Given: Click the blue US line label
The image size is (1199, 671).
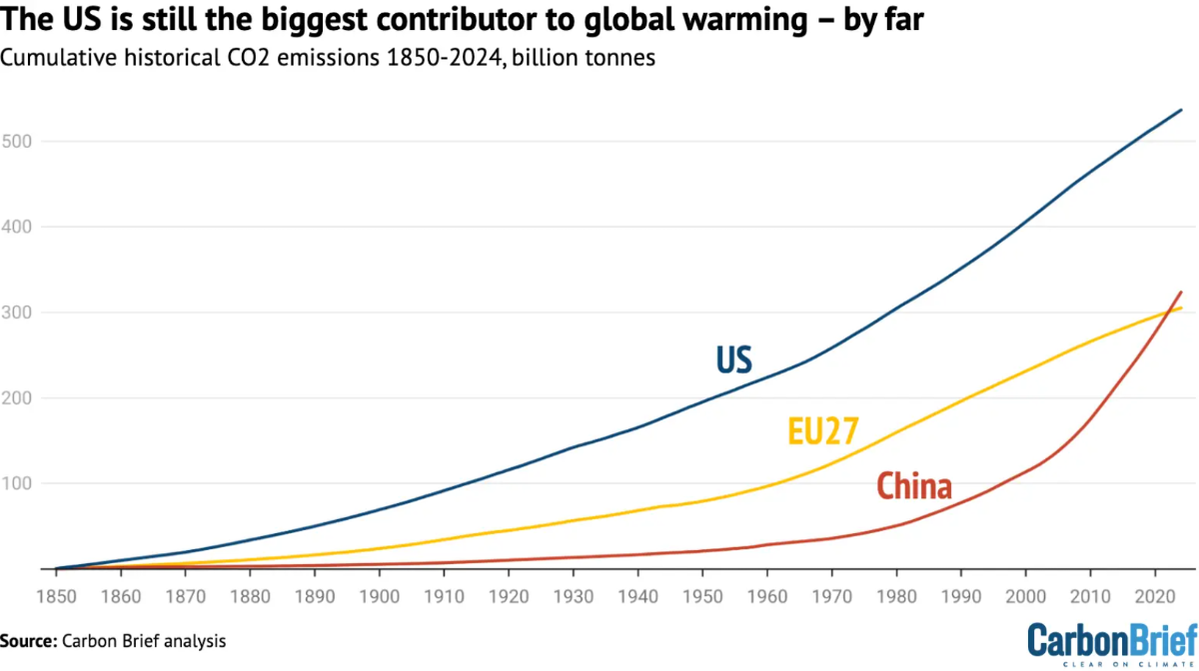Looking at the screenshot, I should pos(733,360).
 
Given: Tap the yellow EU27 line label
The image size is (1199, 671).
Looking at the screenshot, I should pos(822,430).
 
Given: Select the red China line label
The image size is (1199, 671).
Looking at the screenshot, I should pos(913,487).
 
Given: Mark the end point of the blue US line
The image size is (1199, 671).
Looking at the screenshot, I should pos(1182,110).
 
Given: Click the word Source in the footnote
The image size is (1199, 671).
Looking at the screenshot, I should pos(28,640).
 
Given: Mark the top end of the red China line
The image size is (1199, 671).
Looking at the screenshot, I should pos(1182,292).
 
